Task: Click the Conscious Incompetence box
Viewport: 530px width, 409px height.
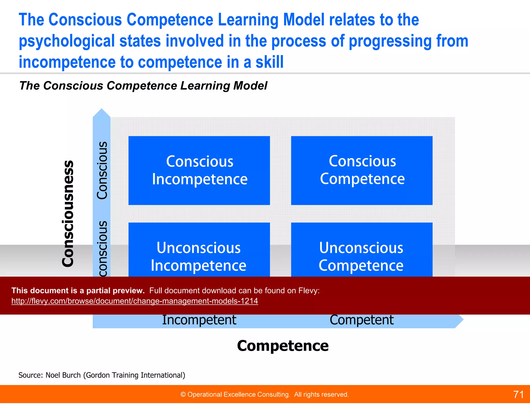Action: pyautogui.click(x=199, y=170)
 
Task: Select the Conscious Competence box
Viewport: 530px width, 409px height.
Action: pyautogui.click(x=362, y=170)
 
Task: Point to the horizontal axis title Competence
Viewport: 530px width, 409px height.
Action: pyautogui.click(x=283, y=346)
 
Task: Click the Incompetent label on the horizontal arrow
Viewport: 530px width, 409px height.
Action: pyautogui.click(x=199, y=320)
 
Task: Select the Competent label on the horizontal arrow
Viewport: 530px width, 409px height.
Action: pyautogui.click(x=362, y=320)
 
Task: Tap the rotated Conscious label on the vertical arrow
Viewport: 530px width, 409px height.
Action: pyautogui.click(x=102, y=170)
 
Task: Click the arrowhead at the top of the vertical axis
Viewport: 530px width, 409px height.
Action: pyautogui.click(x=102, y=113)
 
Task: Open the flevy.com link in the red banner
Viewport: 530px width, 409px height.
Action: pyautogui.click(x=135, y=301)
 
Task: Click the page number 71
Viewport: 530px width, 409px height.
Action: pyautogui.click(x=518, y=395)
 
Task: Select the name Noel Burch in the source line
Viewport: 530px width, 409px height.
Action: pyautogui.click(x=63, y=375)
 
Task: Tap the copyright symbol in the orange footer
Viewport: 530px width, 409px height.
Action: pyautogui.click(x=183, y=395)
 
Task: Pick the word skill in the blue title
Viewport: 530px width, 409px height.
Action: pyautogui.click(x=269, y=62)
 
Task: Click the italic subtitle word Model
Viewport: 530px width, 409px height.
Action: pyautogui.click(x=250, y=86)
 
